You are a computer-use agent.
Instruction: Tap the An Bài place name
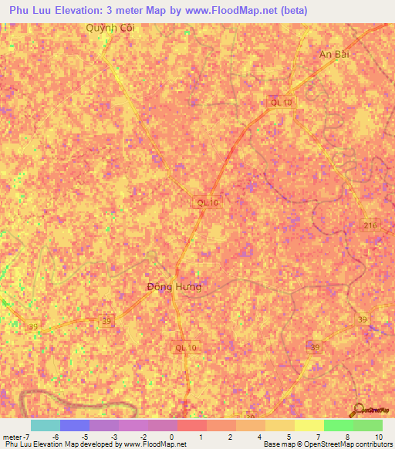pyautogui.click(x=335, y=55)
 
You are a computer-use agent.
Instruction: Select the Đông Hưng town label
pyautogui.click(x=174, y=287)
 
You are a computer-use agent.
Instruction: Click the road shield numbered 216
pyautogui.click(x=371, y=224)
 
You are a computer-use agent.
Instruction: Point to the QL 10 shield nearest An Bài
pyautogui.click(x=281, y=102)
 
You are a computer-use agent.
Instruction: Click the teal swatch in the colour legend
pyautogui.click(x=45, y=425)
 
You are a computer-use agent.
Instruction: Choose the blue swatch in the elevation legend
pyautogui.click(x=74, y=425)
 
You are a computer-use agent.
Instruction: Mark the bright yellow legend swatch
pyautogui.click(x=309, y=425)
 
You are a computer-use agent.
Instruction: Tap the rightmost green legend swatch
pyautogui.click(x=367, y=425)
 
